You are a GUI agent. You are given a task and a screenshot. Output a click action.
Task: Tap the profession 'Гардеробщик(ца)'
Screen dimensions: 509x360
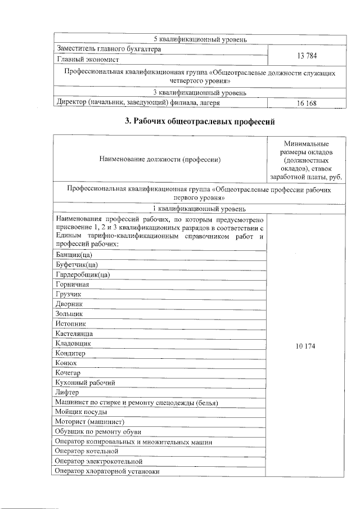83,274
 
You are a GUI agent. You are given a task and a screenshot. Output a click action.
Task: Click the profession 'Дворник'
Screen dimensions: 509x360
70,304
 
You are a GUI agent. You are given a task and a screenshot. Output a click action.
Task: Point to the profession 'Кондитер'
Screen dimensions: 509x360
71,353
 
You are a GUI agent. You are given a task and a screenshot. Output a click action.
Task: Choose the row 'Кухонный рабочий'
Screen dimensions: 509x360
85,382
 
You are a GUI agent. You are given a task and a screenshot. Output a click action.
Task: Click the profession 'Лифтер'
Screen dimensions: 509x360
67,392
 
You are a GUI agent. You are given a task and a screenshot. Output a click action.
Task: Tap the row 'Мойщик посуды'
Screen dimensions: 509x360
81,412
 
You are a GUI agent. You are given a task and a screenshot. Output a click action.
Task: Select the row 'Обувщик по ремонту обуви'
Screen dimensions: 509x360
98,431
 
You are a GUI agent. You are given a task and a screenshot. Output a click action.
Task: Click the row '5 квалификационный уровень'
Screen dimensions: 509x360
200,39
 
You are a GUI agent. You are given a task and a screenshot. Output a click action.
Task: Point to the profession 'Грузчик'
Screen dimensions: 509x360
69,294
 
